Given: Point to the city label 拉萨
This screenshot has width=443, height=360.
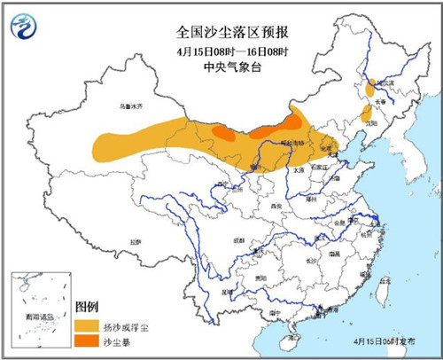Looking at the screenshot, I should click(x=135, y=241).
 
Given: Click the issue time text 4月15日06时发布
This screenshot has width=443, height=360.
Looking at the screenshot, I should click(x=398, y=341).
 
